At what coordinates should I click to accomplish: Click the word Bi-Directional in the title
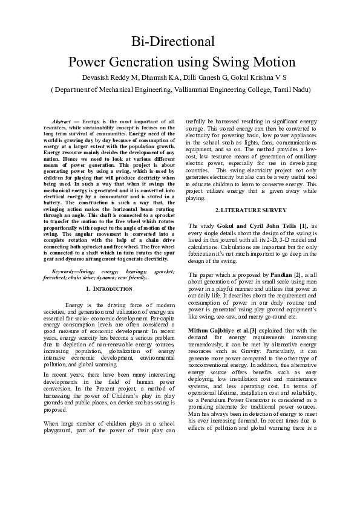coord(174,42)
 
